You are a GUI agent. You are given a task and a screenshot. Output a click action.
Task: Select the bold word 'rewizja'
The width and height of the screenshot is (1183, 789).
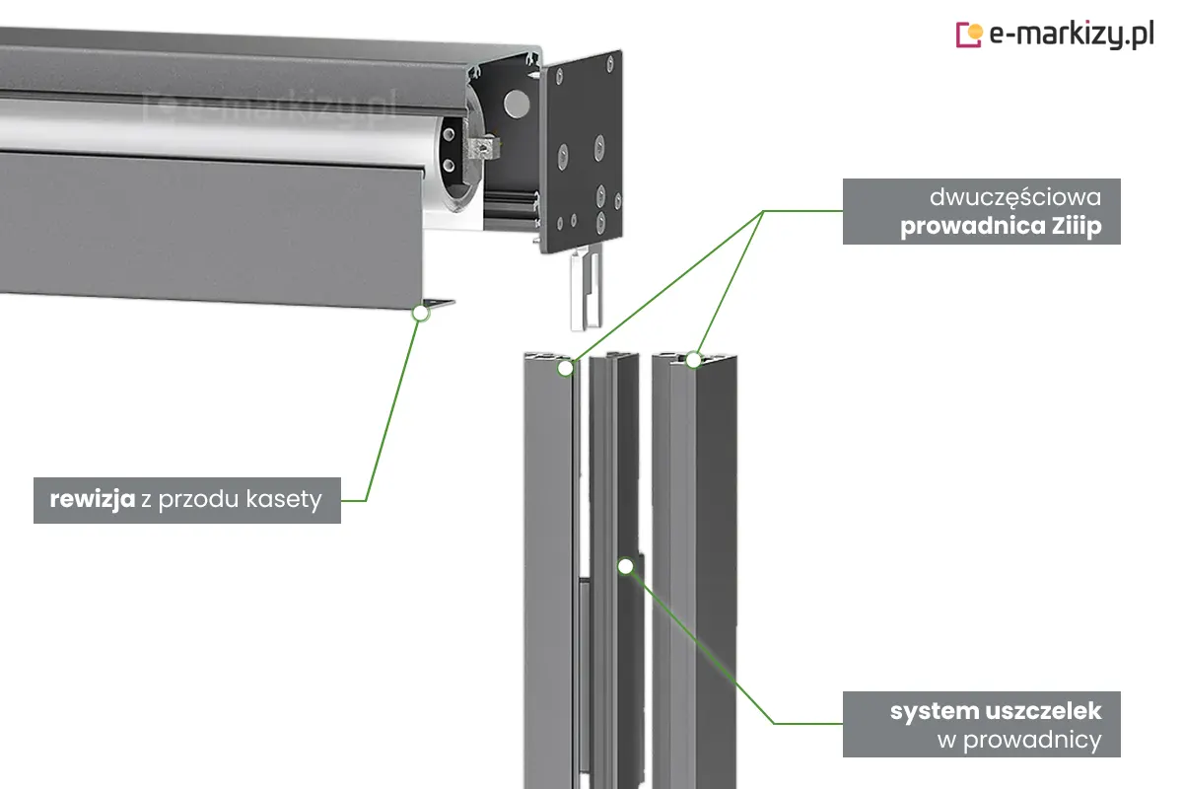click(93, 500)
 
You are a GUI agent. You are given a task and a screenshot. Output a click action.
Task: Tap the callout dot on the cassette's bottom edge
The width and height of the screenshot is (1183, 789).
click(421, 313)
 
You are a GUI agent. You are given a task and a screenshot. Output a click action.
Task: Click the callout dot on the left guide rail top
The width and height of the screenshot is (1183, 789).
click(565, 368)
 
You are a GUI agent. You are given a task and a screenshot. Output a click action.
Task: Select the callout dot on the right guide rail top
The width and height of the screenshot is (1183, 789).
click(693, 360)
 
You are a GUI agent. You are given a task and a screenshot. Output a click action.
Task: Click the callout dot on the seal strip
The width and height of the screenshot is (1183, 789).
click(625, 565)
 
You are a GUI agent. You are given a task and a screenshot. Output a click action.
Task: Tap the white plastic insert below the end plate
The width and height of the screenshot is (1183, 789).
click(586, 291)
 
